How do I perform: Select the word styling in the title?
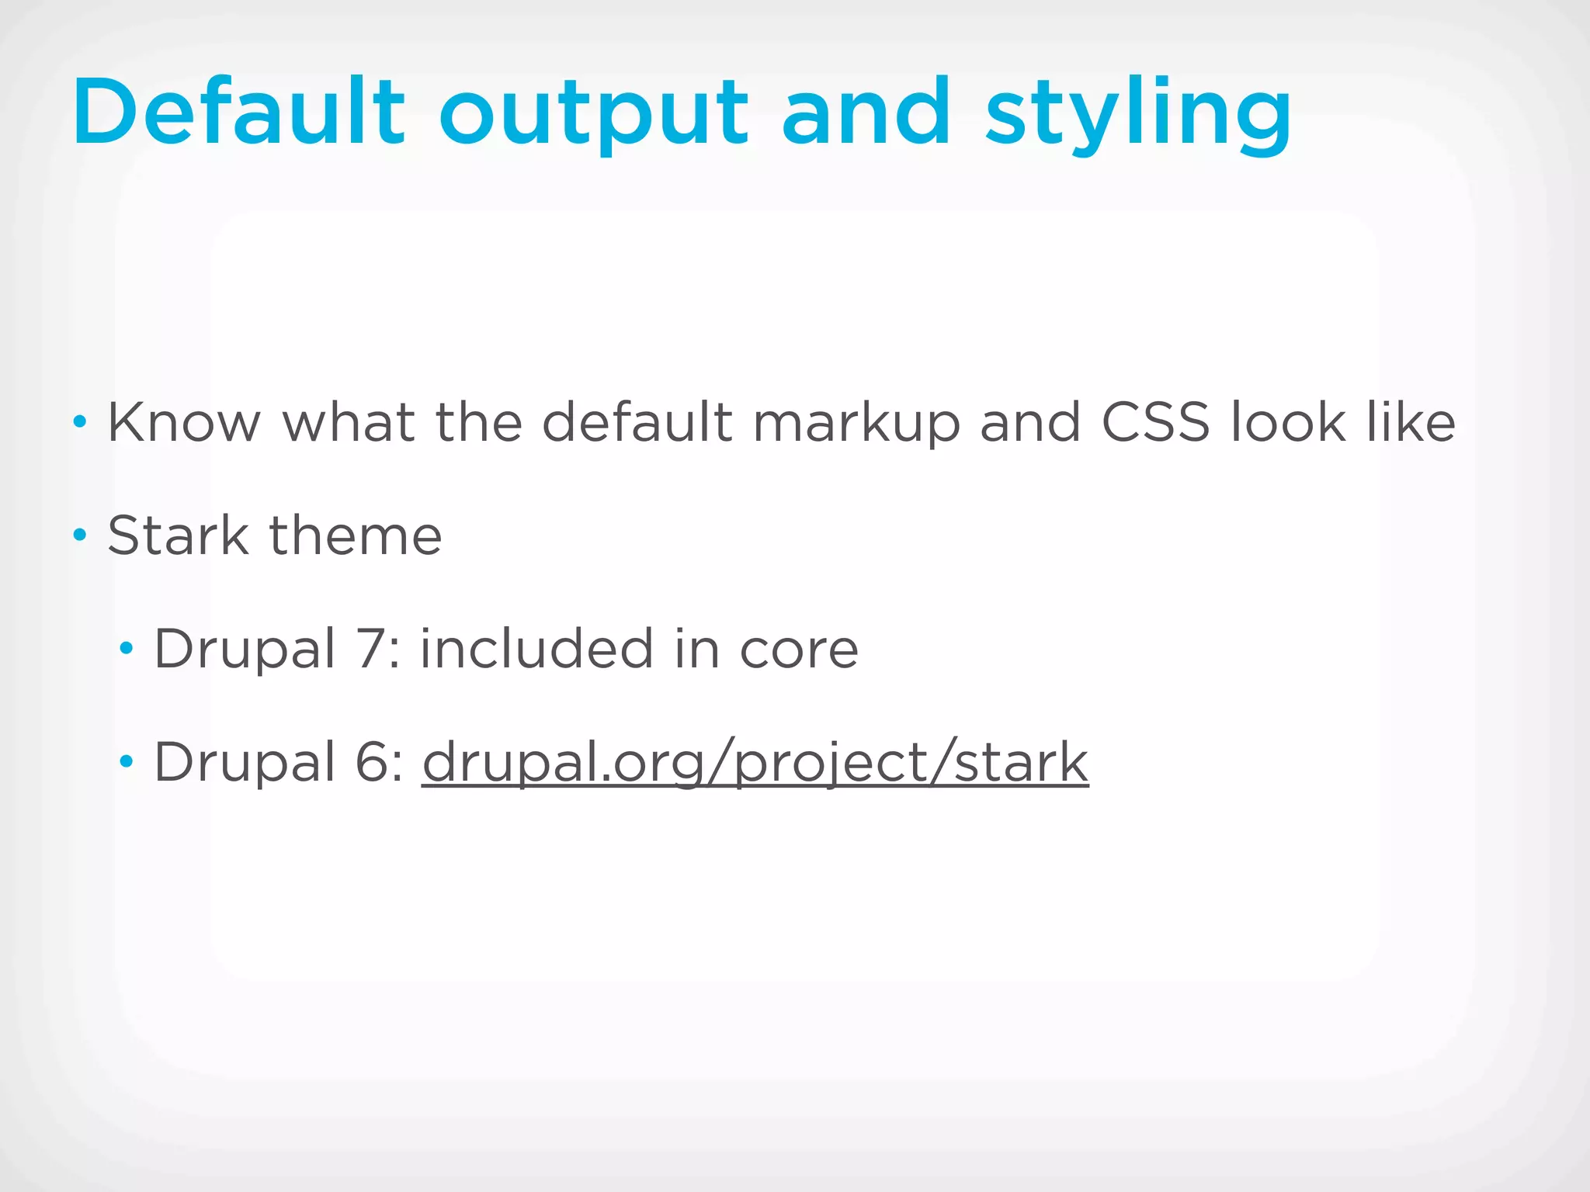coord(1138,116)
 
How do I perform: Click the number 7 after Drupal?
coord(370,649)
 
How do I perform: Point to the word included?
coord(536,649)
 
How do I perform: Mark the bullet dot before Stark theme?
coord(79,535)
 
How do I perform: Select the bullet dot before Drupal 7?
coord(126,648)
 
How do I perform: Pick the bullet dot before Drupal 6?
coord(126,761)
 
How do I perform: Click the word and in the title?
coord(866,113)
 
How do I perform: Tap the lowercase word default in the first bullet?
coord(637,423)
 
